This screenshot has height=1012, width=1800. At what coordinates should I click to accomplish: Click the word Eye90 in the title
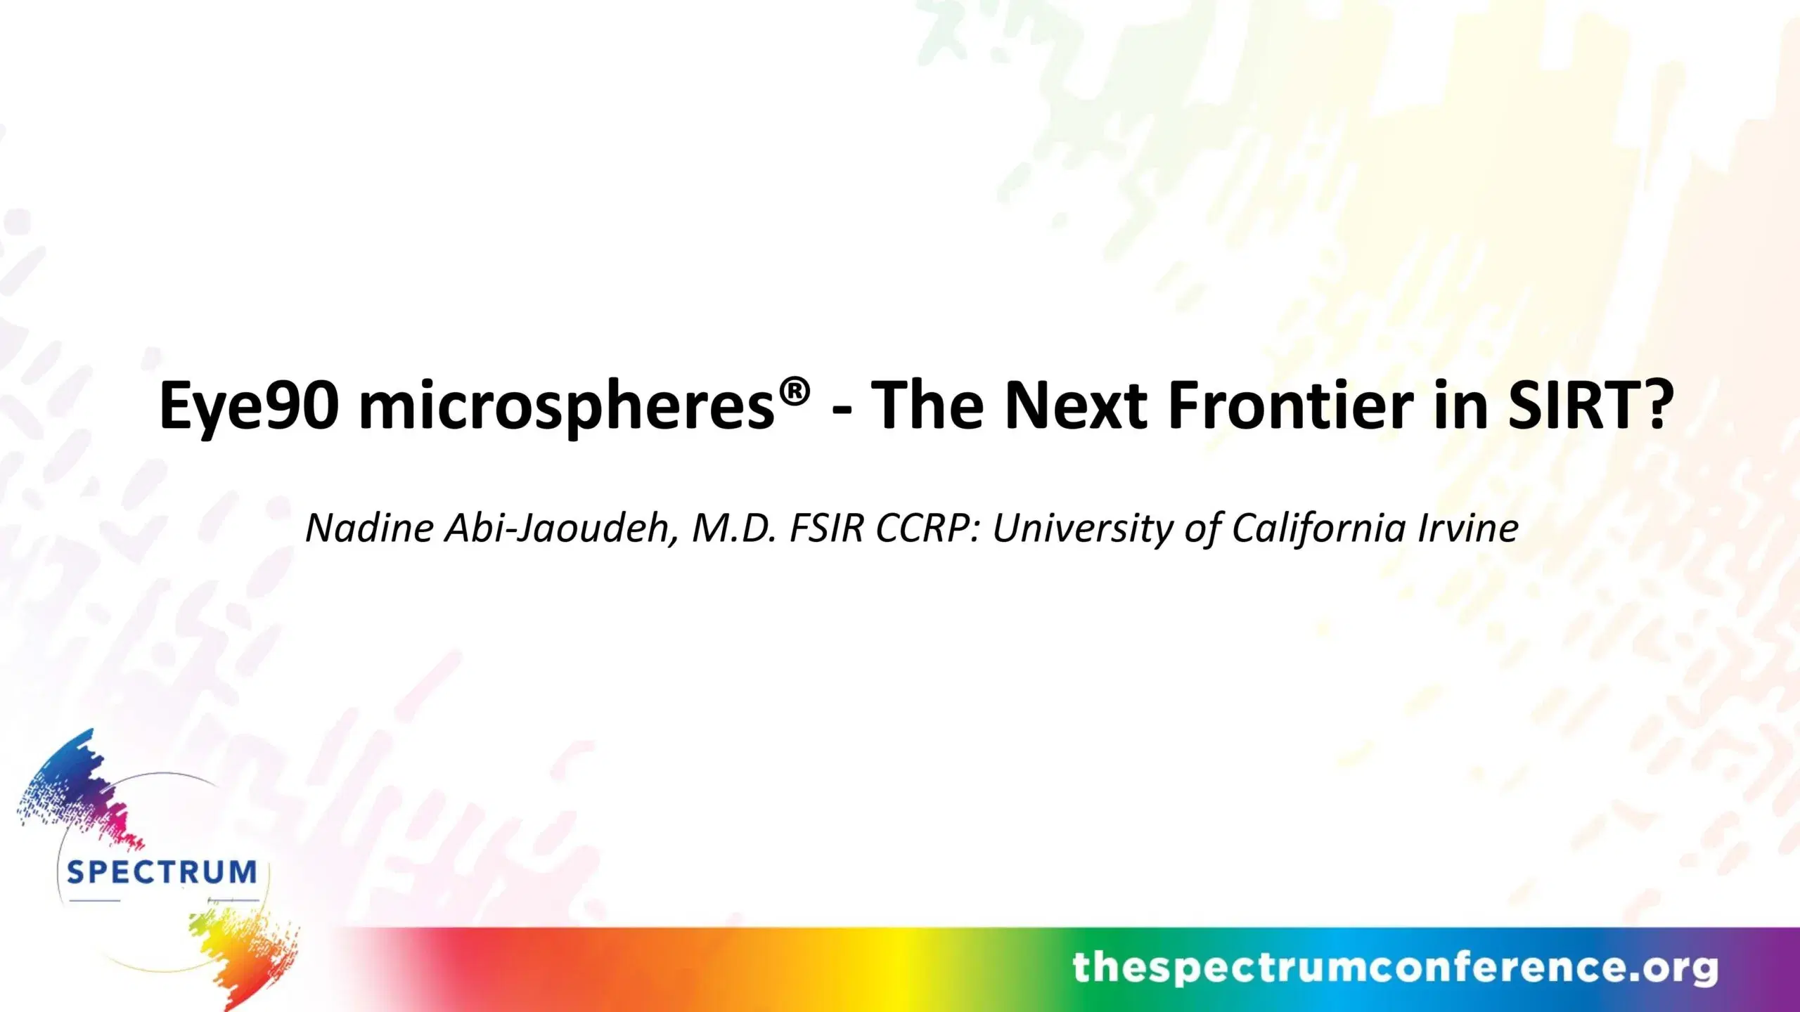point(250,406)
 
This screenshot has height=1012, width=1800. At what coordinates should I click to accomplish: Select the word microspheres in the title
point(567,408)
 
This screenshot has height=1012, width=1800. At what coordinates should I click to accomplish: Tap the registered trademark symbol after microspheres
point(795,391)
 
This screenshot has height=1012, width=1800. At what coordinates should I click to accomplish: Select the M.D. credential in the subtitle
point(734,528)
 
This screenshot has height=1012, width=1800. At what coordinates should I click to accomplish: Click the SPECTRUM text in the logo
point(162,872)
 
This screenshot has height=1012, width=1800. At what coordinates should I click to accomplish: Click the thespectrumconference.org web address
point(1395,968)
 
